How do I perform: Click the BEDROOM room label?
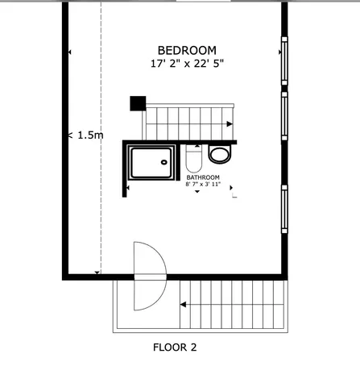point(186,50)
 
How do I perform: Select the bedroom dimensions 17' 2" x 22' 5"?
point(186,63)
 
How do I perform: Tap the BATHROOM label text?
point(202,177)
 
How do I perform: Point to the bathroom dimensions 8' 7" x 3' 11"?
point(202,185)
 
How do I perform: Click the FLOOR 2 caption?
point(175,348)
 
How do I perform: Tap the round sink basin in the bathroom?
point(217,153)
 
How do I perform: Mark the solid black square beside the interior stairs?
point(138,103)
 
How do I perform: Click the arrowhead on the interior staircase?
point(230,124)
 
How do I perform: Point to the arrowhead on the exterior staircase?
point(184,305)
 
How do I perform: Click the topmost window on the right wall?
point(283,61)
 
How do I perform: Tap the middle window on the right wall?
point(283,116)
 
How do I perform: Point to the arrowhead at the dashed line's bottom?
point(97,273)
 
